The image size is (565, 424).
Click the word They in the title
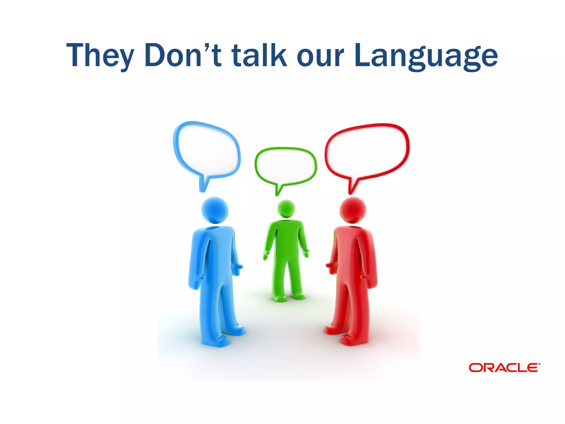click(100, 55)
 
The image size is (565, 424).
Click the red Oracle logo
click(503, 368)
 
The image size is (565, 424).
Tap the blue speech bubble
click(207, 150)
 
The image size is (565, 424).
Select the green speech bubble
click(286, 166)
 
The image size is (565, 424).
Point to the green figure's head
click(286, 209)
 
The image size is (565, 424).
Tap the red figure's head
click(353, 210)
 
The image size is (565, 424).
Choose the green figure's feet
click(288, 298)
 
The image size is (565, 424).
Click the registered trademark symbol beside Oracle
click(539, 364)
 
